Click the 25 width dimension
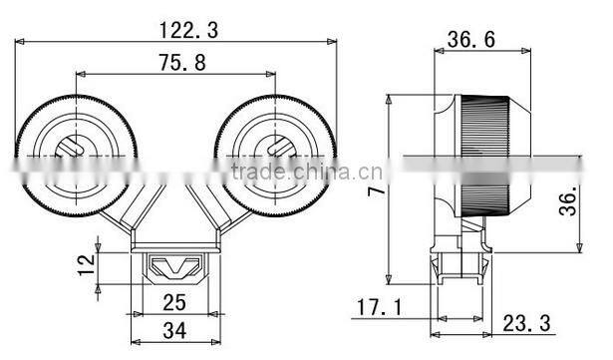pyautogui.click(x=173, y=300)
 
